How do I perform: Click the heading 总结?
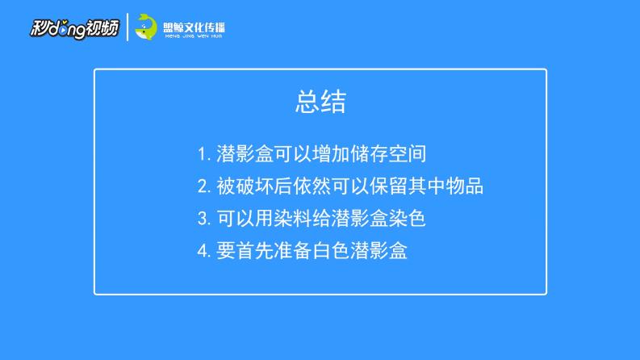(x=321, y=102)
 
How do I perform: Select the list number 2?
(x=203, y=186)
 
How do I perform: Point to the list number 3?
(x=203, y=219)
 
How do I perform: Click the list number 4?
(x=203, y=250)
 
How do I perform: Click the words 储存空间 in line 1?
(x=388, y=154)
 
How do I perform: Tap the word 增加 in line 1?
(x=331, y=154)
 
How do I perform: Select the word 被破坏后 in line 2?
(x=254, y=186)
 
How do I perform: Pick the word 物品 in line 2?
(x=465, y=186)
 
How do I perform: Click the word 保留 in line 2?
(x=388, y=186)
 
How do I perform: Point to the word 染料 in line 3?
(x=292, y=218)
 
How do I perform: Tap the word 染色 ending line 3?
(x=407, y=218)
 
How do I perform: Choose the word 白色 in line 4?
(x=331, y=250)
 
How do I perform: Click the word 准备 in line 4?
(x=293, y=250)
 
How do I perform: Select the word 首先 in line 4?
(x=254, y=250)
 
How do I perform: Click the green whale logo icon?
(x=146, y=27)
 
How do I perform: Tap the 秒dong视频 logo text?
(x=75, y=28)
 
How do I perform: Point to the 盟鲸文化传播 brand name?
(x=194, y=27)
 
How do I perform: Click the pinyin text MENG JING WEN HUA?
(x=194, y=36)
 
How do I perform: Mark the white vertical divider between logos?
(x=128, y=27)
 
